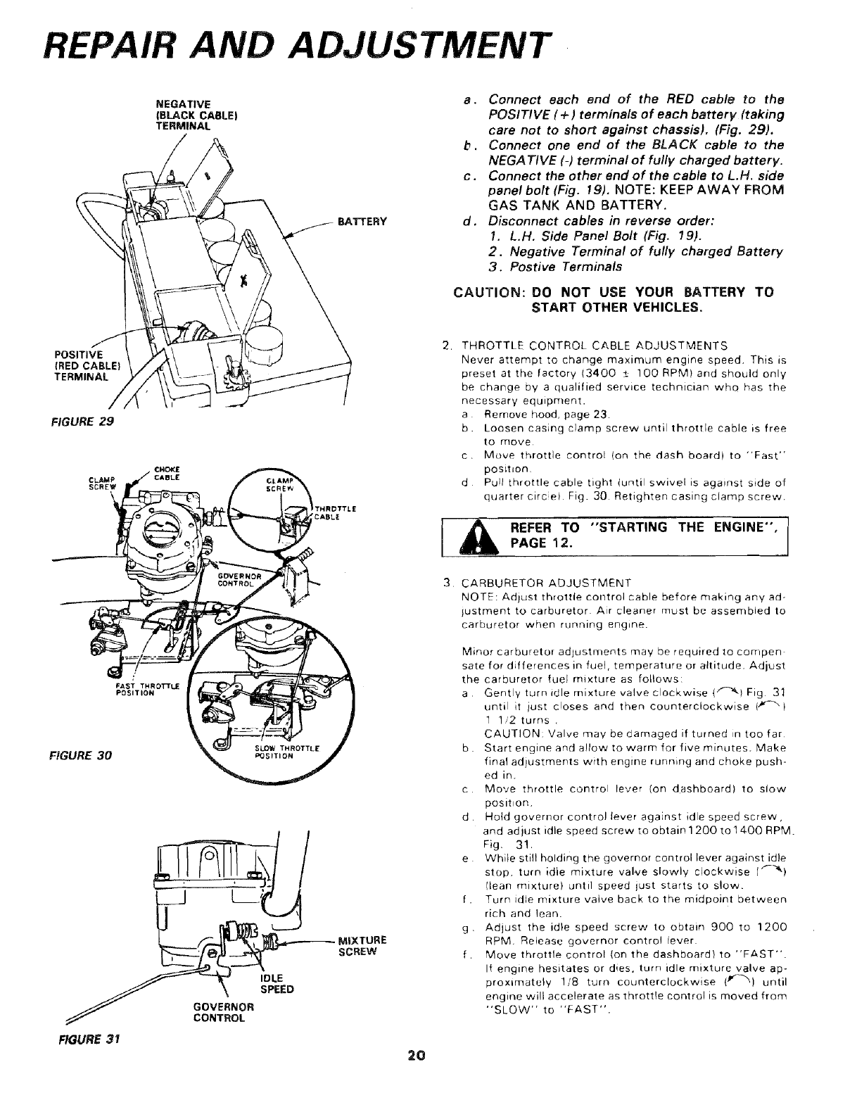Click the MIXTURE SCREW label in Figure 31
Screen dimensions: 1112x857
[362, 945]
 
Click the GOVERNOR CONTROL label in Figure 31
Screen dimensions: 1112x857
[224, 1011]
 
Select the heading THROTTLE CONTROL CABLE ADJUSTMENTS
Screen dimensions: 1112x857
[594, 346]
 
